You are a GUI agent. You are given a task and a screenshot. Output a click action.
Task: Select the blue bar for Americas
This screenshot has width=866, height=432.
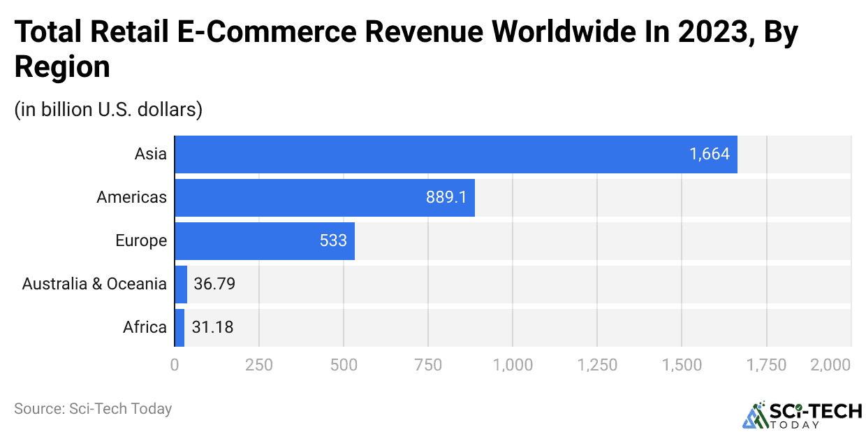tap(324, 198)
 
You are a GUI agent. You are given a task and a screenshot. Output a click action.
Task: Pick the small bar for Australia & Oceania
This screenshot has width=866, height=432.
tap(181, 284)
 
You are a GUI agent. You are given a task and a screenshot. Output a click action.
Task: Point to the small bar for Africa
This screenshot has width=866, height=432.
tap(179, 327)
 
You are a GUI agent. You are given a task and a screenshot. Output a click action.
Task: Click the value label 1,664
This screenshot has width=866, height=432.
tap(710, 154)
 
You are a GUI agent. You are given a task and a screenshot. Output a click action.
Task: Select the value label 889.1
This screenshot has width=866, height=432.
tap(446, 198)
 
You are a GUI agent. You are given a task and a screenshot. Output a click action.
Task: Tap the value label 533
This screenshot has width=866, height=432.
tap(333, 241)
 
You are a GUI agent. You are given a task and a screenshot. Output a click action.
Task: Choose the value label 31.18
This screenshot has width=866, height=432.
tap(212, 327)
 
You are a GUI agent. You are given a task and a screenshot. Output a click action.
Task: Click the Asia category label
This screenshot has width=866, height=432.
tap(151, 154)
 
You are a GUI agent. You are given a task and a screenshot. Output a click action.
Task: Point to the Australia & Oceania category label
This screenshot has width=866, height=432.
tap(94, 284)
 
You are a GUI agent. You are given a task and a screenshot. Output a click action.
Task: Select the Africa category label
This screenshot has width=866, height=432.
tap(145, 327)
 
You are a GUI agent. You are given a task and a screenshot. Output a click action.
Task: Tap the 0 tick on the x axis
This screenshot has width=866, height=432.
tap(175, 365)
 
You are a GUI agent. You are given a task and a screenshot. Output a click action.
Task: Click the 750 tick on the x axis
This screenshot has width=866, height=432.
tap(428, 365)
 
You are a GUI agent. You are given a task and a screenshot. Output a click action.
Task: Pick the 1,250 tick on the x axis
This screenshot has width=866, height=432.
tap(597, 365)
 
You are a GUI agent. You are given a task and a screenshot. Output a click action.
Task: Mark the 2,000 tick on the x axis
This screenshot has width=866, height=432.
tap(831, 365)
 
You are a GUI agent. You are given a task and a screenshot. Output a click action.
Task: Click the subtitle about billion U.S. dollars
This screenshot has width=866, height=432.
tap(108, 110)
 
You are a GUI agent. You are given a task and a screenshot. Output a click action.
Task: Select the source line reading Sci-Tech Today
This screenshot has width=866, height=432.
tap(93, 409)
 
